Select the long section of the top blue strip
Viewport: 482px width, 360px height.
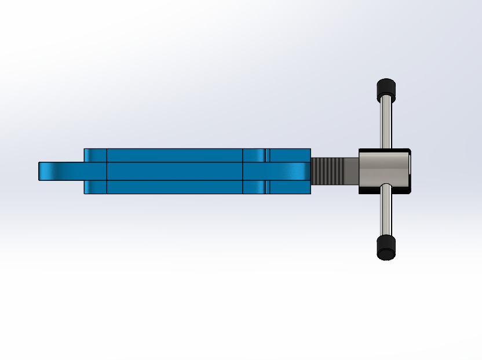click(x=174, y=155)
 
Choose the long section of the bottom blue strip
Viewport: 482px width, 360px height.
click(x=174, y=187)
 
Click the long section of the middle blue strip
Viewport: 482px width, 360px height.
click(x=174, y=171)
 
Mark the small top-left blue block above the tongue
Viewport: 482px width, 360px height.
click(x=96, y=155)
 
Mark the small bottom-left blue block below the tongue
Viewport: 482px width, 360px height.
click(x=96, y=187)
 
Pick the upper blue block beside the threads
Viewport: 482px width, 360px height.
click(x=290, y=155)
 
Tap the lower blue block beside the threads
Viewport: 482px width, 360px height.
click(x=290, y=187)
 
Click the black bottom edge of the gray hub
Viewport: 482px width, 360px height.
click(x=385, y=191)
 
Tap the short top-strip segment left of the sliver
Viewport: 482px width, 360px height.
click(x=254, y=155)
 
